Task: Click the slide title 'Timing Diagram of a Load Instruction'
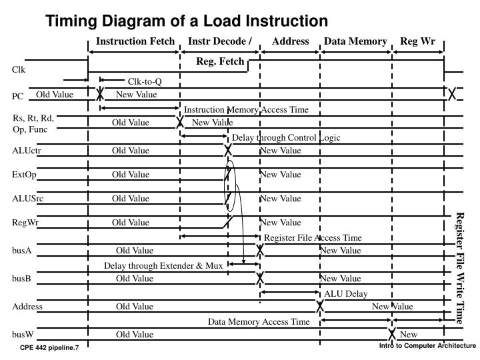click(187, 21)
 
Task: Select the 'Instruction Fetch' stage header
click(135, 41)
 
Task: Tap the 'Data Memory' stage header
click(355, 41)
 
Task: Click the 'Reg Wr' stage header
click(417, 41)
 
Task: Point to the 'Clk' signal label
click(18, 69)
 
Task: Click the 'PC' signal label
click(17, 97)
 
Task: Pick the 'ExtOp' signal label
click(23, 175)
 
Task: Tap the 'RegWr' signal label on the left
click(24, 223)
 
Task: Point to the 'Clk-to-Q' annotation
click(145, 82)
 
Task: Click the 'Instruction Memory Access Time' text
click(246, 109)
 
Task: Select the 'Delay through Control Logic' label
click(285, 137)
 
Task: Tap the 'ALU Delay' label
click(346, 293)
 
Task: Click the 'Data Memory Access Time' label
click(259, 321)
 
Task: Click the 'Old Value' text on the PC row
click(55, 95)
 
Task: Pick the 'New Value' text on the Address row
click(393, 307)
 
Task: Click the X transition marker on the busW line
click(392, 334)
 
